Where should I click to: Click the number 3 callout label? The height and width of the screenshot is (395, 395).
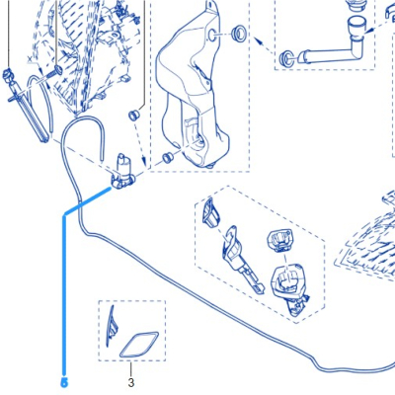pyautogui.click(x=131, y=383)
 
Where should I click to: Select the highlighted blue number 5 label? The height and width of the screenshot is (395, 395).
pyautogui.click(x=64, y=382)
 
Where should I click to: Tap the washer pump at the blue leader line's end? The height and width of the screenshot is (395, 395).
pyautogui.click(x=122, y=172)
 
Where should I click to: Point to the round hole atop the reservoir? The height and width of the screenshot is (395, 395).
pyautogui.click(x=212, y=35)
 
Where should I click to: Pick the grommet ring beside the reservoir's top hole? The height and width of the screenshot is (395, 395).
pyautogui.click(x=237, y=33)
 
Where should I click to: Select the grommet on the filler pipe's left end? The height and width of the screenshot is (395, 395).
pyautogui.click(x=285, y=58)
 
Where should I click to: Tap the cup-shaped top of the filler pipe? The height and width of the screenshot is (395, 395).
pyautogui.click(x=357, y=26)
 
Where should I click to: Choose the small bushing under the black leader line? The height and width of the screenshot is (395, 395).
pyautogui.click(x=134, y=116)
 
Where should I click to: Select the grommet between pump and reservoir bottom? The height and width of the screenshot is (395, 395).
pyautogui.click(x=168, y=157)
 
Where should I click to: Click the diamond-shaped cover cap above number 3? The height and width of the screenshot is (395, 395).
pyautogui.click(x=139, y=345)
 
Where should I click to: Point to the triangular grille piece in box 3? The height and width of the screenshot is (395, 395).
pyautogui.click(x=111, y=327)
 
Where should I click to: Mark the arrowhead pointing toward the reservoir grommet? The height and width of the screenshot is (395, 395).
pyautogui.click(x=259, y=41)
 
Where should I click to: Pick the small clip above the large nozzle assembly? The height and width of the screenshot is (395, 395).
pyautogui.click(x=279, y=241)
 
